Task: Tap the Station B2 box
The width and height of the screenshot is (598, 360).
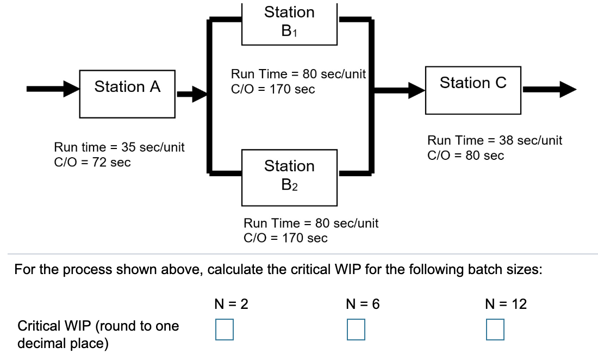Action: pos(290,174)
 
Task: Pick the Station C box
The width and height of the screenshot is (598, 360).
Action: pos(473,83)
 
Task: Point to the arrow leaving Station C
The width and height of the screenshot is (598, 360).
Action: pos(549,89)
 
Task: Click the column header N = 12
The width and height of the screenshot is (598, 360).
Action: pos(506,305)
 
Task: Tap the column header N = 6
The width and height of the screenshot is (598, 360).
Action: pos(363,305)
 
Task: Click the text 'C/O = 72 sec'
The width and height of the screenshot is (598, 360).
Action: pos(92,163)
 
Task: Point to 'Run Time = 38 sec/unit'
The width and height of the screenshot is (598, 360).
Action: pos(495,141)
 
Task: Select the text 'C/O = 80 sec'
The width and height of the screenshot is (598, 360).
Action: pos(466,156)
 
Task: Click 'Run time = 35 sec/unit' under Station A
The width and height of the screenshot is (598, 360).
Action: pos(119,147)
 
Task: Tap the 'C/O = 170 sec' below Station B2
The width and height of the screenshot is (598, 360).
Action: pos(285,238)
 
